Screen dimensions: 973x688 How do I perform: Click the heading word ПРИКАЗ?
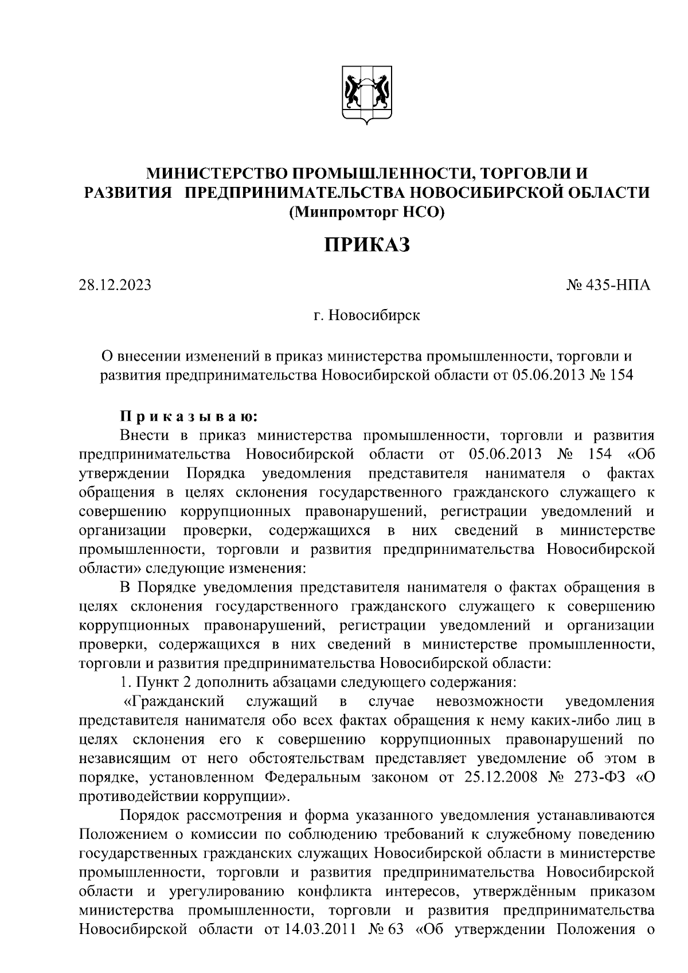(x=367, y=245)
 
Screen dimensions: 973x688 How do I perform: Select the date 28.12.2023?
(x=115, y=284)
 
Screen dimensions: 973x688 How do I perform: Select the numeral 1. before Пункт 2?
(x=126, y=683)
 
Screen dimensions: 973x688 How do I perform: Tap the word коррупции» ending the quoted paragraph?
(x=248, y=796)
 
